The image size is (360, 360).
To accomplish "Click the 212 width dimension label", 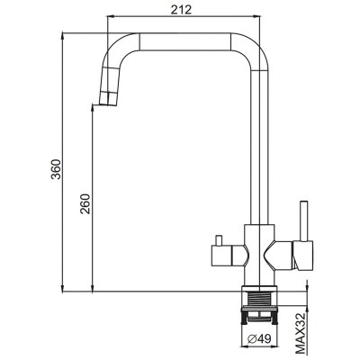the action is (181, 10).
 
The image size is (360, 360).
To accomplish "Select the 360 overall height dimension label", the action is (56, 169).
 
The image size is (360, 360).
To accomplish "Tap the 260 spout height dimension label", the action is (85, 203).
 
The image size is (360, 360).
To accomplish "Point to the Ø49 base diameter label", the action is (259, 338).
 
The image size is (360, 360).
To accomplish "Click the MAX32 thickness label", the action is (300, 337).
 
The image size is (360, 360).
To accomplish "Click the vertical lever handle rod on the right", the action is (303, 221).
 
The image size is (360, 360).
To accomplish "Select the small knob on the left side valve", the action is (219, 240).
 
